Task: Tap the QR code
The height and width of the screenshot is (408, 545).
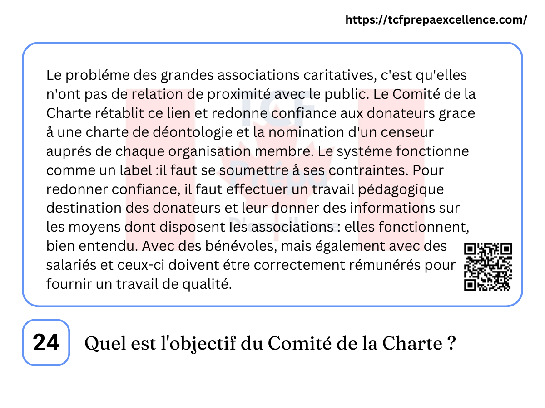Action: point(488,267)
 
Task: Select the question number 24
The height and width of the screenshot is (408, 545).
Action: point(46,343)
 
